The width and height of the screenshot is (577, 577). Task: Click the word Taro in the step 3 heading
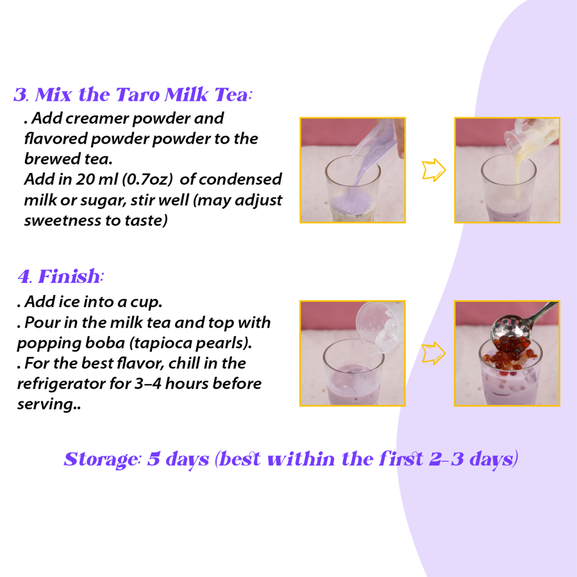[x=137, y=96]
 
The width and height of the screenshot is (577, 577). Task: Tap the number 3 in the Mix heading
[x=21, y=96]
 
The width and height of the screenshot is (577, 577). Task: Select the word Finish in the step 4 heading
[x=69, y=277]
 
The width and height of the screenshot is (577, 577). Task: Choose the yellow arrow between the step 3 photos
[x=433, y=170]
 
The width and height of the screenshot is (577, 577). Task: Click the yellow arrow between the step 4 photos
[x=433, y=353]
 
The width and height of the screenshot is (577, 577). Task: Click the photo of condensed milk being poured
[x=506, y=170]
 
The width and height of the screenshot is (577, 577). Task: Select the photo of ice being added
[x=352, y=353]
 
